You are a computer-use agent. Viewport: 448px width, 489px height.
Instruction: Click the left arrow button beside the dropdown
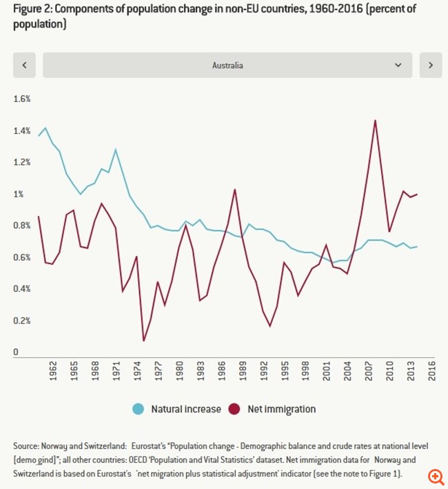click(24, 66)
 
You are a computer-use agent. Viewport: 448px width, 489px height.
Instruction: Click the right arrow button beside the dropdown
click(431, 66)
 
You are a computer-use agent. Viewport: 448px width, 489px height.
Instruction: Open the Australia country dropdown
click(227, 66)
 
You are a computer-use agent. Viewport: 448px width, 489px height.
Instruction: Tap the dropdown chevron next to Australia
click(398, 66)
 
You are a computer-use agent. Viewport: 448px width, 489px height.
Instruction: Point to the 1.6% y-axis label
click(23, 99)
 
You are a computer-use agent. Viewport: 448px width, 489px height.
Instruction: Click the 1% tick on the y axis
click(19, 194)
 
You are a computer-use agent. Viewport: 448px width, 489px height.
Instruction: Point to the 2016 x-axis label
click(431, 370)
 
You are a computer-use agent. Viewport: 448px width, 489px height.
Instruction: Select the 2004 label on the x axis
click(347, 370)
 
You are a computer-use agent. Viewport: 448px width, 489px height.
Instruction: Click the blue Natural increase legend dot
click(139, 409)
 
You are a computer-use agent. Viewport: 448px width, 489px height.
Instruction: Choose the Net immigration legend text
click(282, 409)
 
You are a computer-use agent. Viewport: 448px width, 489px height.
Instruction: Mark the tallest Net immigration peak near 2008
click(374, 121)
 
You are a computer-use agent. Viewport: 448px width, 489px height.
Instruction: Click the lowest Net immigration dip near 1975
click(143, 340)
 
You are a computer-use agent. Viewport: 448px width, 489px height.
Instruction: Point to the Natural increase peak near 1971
click(115, 150)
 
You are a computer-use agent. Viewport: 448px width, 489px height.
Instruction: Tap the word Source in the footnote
click(26, 446)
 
